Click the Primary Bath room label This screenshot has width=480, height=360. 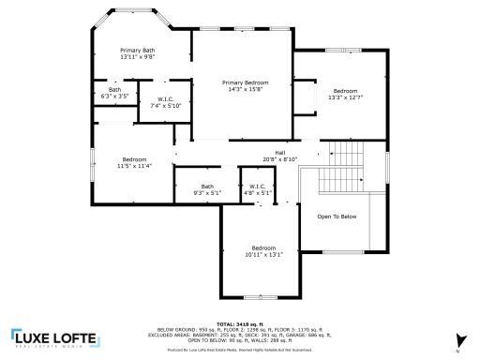pos(137,50)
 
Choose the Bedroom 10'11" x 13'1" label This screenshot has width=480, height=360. pos(262,250)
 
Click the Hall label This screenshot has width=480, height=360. pos(279,153)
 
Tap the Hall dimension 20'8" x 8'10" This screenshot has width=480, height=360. pos(279,159)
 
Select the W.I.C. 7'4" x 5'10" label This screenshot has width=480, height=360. pos(165,102)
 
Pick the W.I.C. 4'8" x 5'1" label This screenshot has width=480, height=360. pos(257,189)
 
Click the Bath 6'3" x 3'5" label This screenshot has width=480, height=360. pos(114,93)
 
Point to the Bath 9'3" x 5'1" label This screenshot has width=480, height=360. pos(206,189)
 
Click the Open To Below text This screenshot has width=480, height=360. pos(337,217)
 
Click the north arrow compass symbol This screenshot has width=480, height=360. pos(458,340)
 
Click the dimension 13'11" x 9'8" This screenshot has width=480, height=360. pos(137,57)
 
